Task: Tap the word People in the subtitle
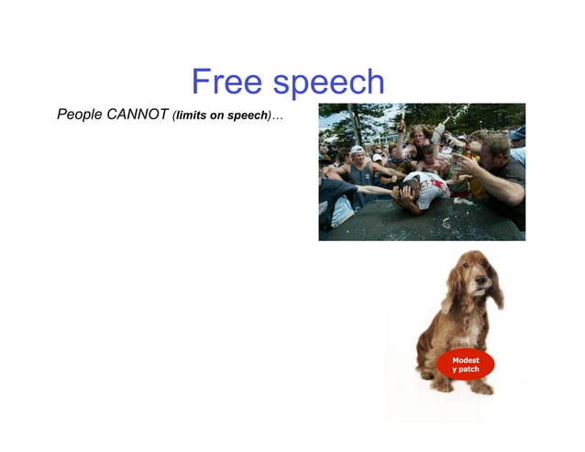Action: [x=79, y=115]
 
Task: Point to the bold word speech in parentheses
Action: [x=245, y=116]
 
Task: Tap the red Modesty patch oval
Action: [x=466, y=365]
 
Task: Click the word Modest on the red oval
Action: [x=466, y=360]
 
